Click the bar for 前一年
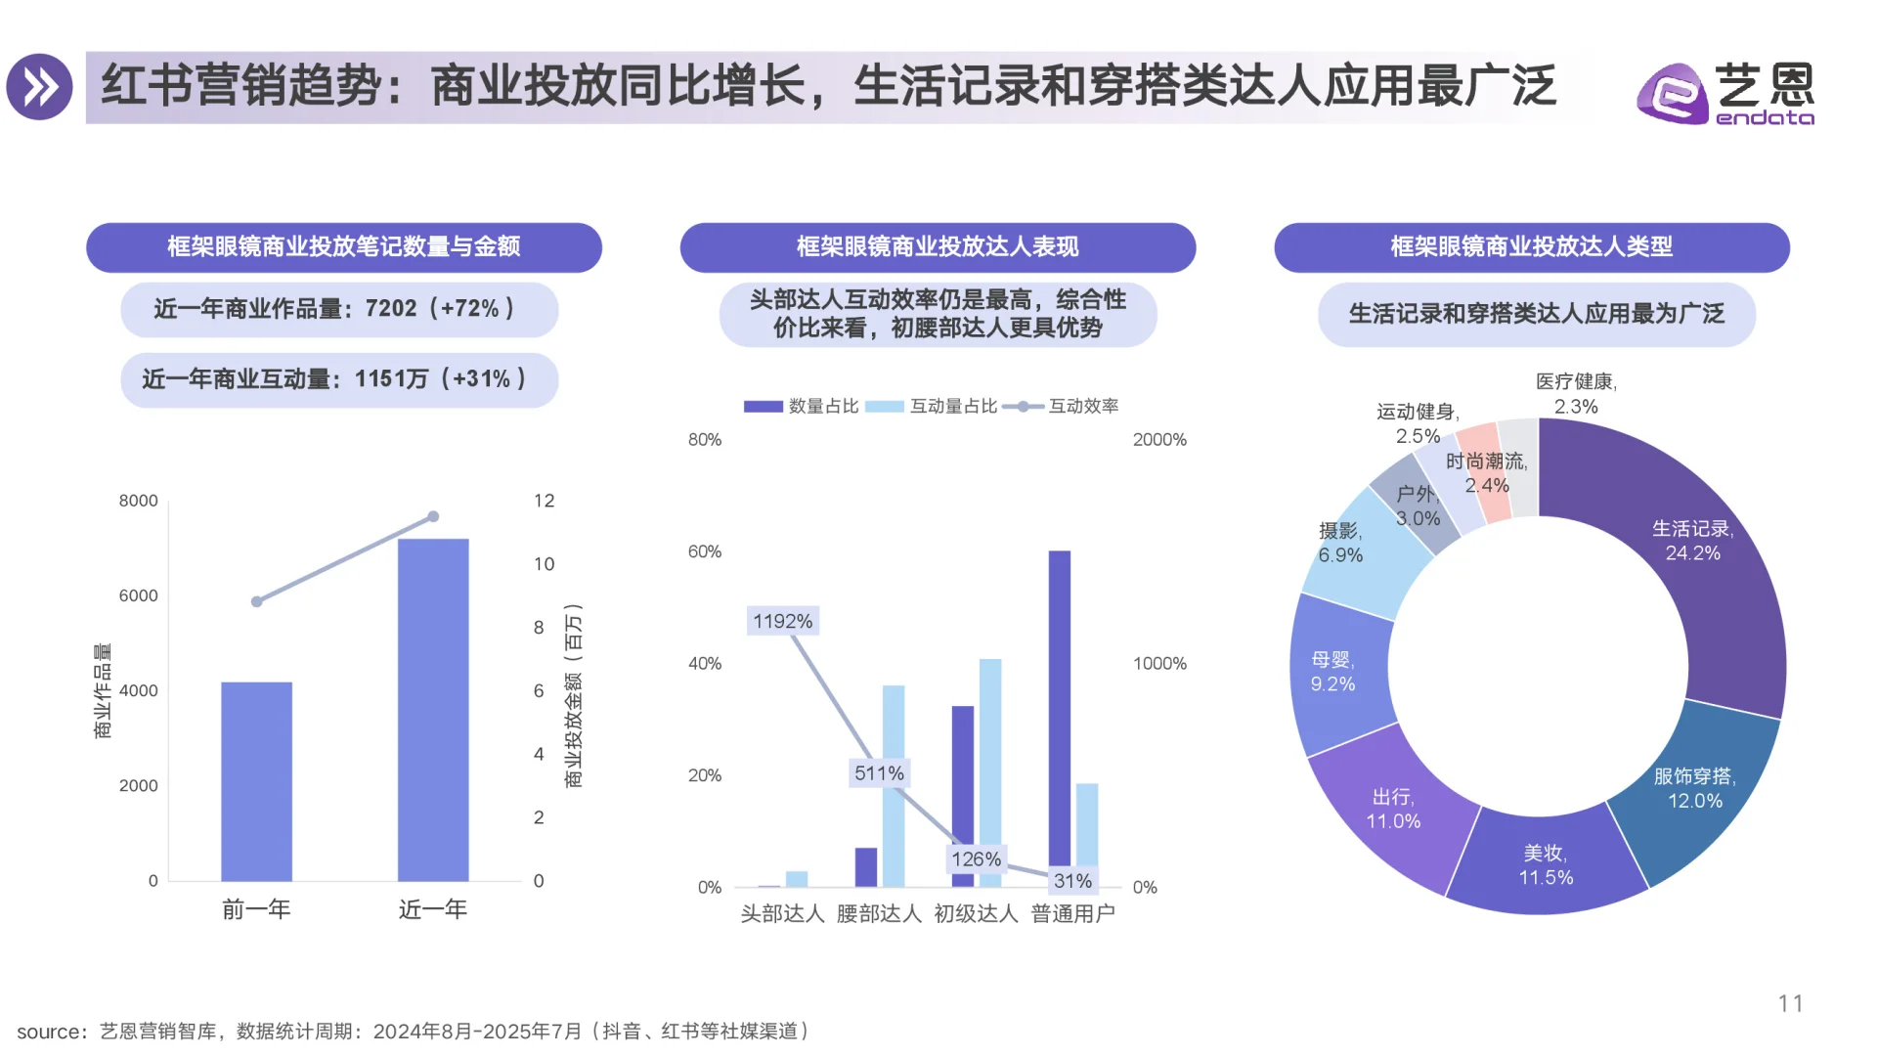pos(256,782)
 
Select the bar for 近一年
pos(433,710)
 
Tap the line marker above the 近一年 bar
pos(433,516)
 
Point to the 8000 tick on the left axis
pos(138,501)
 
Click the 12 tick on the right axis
pos(544,501)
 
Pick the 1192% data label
pos(782,621)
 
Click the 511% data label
pos(879,773)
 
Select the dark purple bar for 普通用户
pos(1060,719)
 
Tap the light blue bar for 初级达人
pos(990,772)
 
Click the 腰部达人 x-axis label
pos(879,913)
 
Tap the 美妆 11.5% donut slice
pos(1546,865)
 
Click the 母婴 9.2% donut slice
pos(1334,675)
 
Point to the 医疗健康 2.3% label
pos(1576,393)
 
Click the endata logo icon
pos(1673,93)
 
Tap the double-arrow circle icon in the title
pos(40,87)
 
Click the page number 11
pos(1790,1003)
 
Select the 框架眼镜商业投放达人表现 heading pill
pos(938,246)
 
